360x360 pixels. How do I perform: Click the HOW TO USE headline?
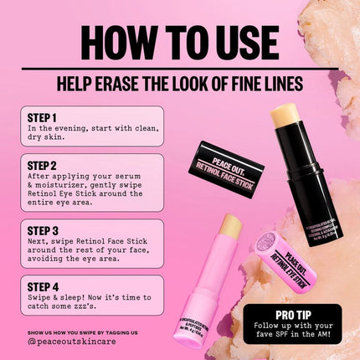179,41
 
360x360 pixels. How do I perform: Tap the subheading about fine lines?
179,84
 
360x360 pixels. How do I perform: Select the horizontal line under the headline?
179,69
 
